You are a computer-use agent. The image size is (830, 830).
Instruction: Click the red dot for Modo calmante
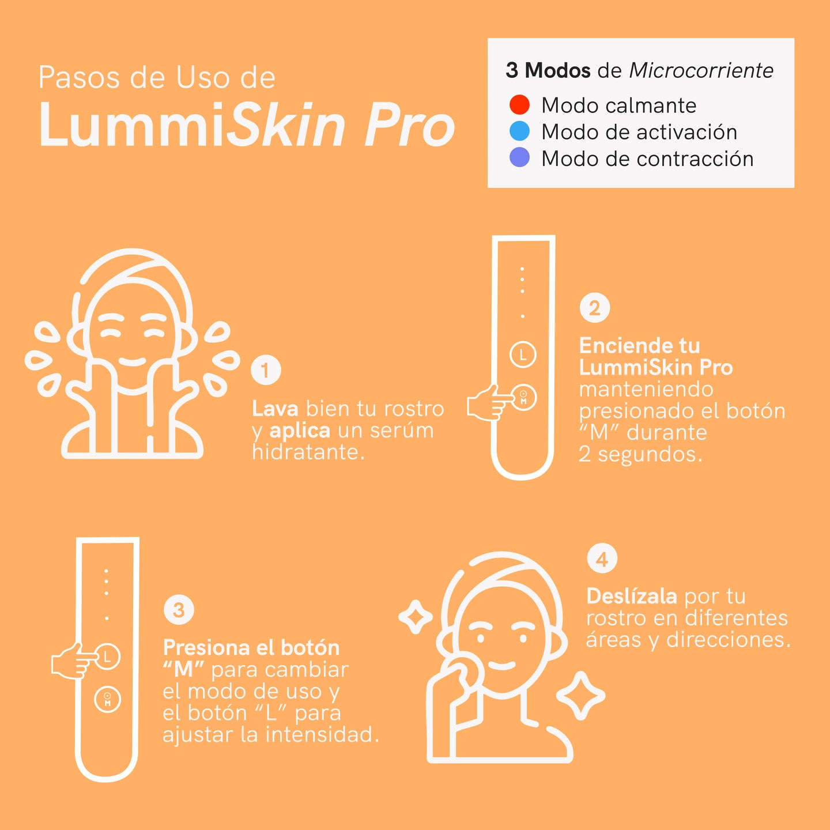pyautogui.click(x=519, y=105)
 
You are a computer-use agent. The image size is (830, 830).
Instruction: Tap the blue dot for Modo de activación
pyautogui.click(x=519, y=131)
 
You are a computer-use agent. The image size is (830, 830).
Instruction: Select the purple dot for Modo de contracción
pyautogui.click(x=519, y=158)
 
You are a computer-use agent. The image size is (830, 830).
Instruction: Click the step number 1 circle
pyautogui.click(x=266, y=370)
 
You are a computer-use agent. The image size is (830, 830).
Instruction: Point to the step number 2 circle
pyautogui.click(x=594, y=308)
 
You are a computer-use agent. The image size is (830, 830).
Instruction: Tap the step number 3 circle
pyautogui.click(x=179, y=610)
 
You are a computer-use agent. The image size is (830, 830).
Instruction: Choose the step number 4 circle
pyautogui.click(x=602, y=559)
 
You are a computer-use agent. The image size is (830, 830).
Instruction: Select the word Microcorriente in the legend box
pyautogui.click(x=701, y=70)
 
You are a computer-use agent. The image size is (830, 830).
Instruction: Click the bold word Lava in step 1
pyautogui.click(x=275, y=409)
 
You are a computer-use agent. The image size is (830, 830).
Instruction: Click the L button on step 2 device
pyautogui.click(x=523, y=354)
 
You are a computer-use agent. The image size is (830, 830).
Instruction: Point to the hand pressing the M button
pyautogui.click(x=487, y=403)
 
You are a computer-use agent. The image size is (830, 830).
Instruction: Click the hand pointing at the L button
pyautogui.click(x=72, y=661)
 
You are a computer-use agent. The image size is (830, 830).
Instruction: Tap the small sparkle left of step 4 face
pyautogui.click(x=416, y=617)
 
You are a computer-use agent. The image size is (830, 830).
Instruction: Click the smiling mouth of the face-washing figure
pyautogui.click(x=132, y=362)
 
